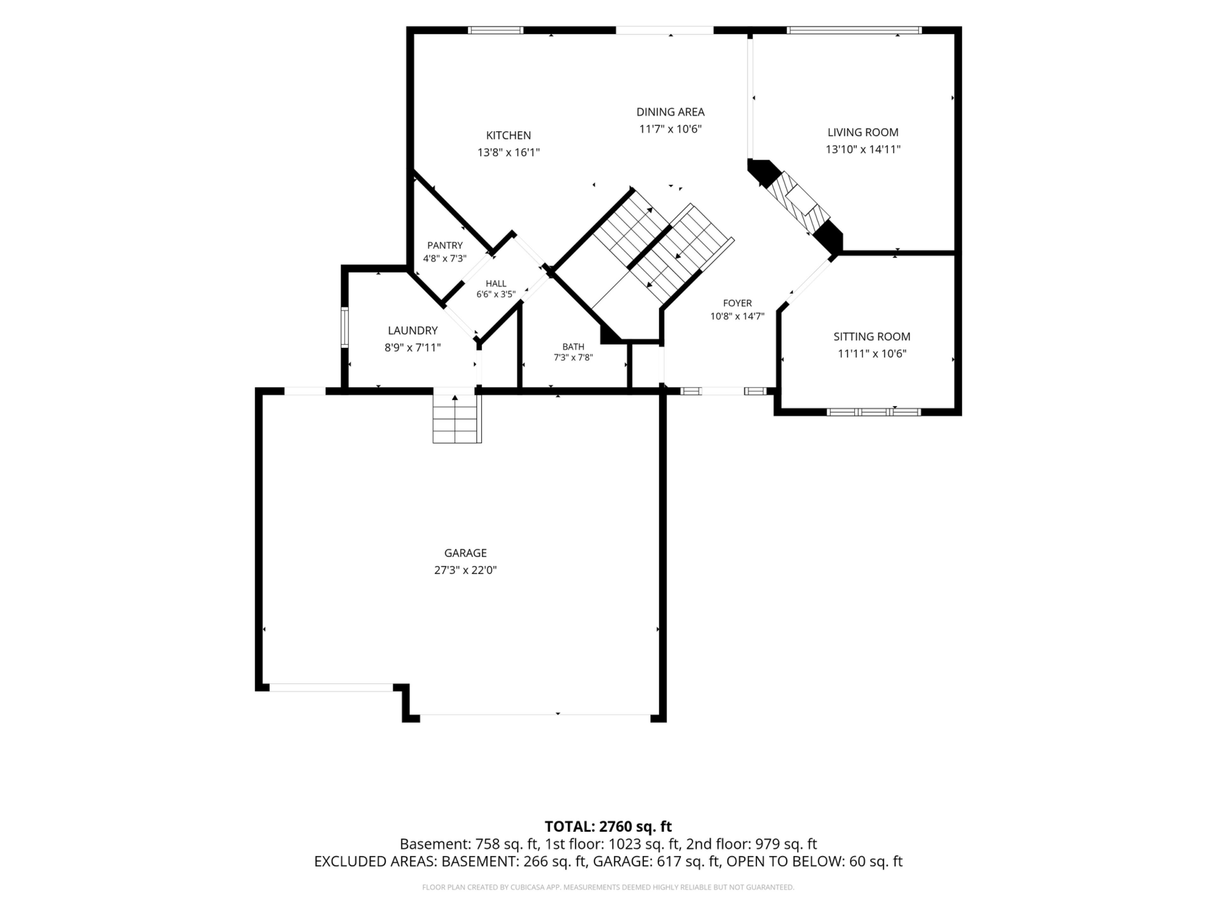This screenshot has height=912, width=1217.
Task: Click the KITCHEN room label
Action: [x=508, y=135]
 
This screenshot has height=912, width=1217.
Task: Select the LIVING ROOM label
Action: [x=863, y=132]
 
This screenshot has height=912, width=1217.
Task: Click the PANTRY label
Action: [x=445, y=245]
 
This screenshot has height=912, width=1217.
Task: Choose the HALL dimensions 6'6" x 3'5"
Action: [x=496, y=294]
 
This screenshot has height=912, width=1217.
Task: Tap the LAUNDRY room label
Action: [x=413, y=330]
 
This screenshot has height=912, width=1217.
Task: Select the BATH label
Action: [x=573, y=346]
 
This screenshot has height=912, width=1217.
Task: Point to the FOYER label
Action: [x=737, y=303]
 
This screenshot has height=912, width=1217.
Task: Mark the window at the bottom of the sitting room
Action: [x=874, y=412]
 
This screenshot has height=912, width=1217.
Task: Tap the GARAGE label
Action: [x=466, y=553]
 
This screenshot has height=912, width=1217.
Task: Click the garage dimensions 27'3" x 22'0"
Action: [x=466, y=570]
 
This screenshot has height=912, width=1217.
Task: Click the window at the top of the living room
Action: [x=854, y=30]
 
